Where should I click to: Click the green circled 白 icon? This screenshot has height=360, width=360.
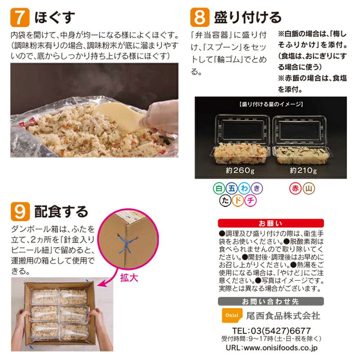219,189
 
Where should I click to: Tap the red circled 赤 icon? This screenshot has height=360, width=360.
295,189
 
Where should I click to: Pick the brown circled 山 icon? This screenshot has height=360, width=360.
309,189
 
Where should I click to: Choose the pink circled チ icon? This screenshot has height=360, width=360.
251,201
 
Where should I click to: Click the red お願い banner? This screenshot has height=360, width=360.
270,223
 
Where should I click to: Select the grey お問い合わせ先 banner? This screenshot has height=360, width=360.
270,301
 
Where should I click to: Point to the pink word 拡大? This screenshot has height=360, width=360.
129,277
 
